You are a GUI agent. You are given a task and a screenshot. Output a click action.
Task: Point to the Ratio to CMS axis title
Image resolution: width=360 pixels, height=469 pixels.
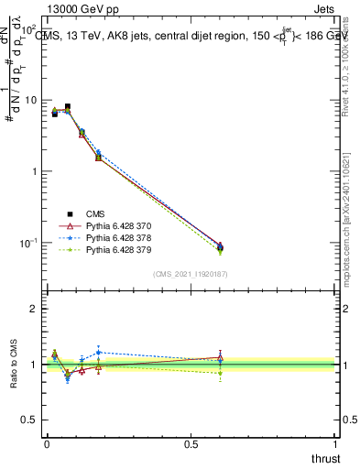click(x=14, y=365)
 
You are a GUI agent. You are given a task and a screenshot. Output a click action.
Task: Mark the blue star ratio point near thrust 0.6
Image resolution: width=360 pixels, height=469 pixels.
click(x=220, y=360)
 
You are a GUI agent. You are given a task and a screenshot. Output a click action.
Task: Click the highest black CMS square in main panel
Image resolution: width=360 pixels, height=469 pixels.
click(x=68, y=107)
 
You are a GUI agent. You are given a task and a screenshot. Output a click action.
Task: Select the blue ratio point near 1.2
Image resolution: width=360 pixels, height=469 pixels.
click(x=99, y=352)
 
